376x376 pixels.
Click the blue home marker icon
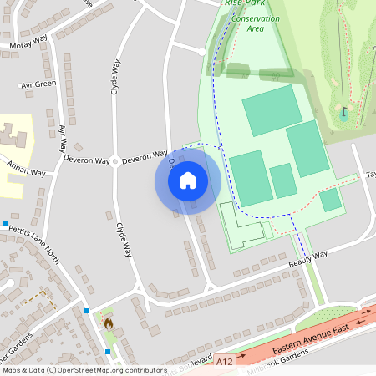(188, 180)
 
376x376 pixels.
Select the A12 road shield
(223, 363)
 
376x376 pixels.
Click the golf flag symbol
(343, 111)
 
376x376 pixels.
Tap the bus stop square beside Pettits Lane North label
(5, 224)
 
